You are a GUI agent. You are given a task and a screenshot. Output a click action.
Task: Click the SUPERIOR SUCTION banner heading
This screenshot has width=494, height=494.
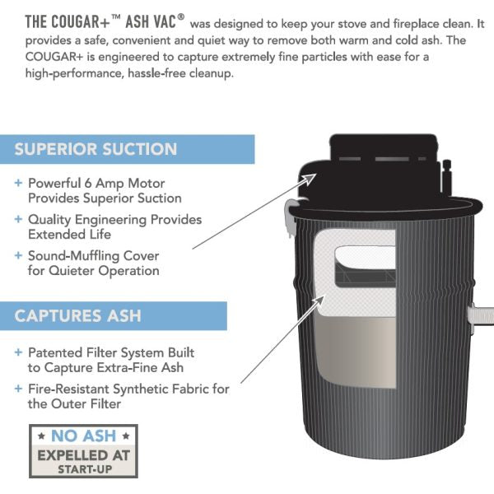coord(96,149)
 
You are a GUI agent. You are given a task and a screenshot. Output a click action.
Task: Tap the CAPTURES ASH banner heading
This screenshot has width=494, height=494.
coord(77,315)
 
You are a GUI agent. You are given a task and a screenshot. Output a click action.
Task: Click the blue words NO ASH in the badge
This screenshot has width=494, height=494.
coord(83,436)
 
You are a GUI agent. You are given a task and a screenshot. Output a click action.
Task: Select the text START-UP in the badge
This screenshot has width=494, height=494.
coord(85,469)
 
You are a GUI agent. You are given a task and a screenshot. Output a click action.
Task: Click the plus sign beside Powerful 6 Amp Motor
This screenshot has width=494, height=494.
coord(18,183)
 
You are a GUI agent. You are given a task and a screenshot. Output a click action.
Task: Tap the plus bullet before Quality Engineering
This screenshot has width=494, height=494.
coord(18,219)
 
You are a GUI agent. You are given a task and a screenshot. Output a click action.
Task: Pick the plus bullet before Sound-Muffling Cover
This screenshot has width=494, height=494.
coord(18,255)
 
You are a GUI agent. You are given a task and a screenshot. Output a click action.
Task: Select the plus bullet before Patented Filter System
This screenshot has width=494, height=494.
coord(18,352)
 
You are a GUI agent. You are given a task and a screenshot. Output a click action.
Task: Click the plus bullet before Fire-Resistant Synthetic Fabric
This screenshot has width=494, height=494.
coord(18,389)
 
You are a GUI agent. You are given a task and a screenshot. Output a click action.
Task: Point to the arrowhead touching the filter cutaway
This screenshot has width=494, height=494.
coord(318,301)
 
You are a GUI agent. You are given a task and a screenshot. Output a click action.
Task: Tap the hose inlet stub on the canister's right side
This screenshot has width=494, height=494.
coord(481,315)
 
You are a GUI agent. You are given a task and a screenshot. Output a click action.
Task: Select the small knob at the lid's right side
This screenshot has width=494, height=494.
coord(447,176)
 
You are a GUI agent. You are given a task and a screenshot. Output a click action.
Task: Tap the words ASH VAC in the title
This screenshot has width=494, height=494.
coord(151,22)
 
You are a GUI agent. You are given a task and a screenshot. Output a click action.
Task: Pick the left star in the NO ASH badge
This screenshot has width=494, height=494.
coord(41,436)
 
